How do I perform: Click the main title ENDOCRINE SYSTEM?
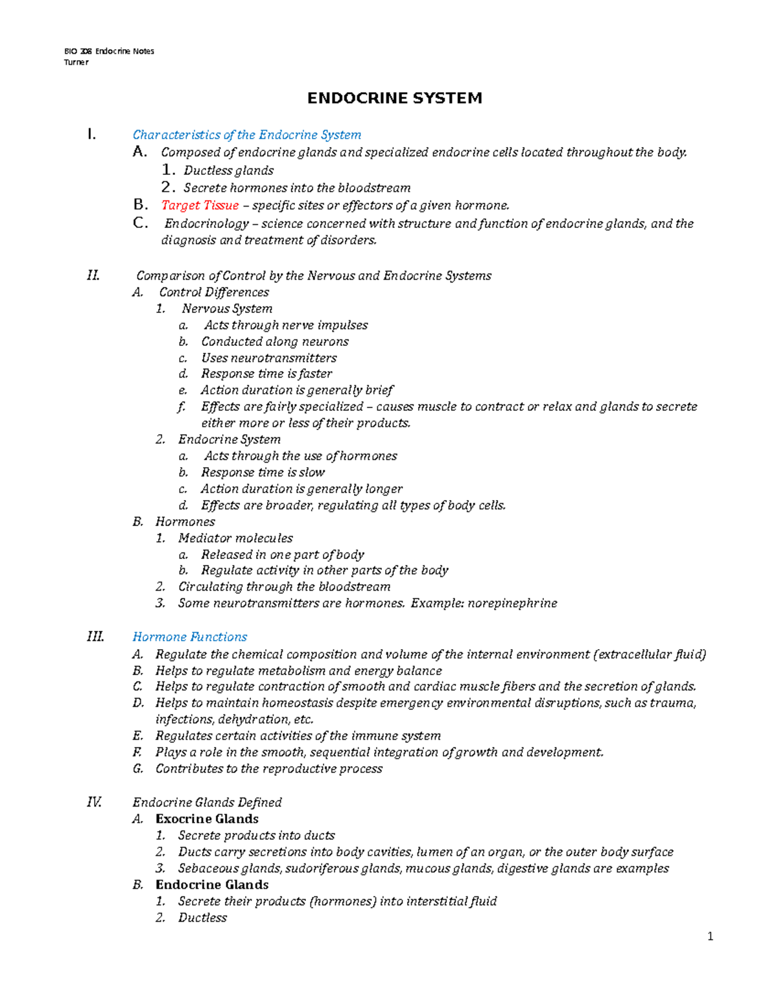point(394,98)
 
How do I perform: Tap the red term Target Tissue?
point(200,205)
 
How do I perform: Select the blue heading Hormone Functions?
point(189,637)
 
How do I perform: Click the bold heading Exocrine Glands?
point(207,819)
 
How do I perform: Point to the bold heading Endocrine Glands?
point(211,885)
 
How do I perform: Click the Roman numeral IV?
point(94,802)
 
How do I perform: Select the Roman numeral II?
point(93,275)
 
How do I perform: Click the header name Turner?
point(76,62)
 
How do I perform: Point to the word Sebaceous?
point(204,868)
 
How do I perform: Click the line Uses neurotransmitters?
point(268,358)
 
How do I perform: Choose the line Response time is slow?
point(263,472)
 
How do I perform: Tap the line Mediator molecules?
point(235,538)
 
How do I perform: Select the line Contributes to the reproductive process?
point(268,769)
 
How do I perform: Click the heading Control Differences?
point(214,292)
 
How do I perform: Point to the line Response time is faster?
point(266,374)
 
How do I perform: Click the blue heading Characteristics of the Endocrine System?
point(246,135)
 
